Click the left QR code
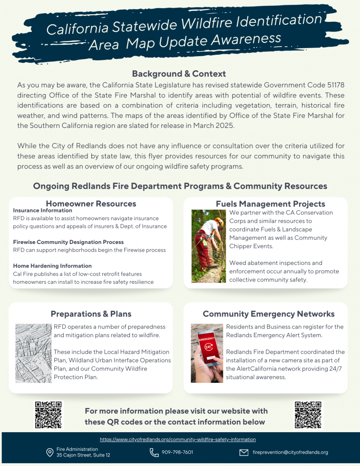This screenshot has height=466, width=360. (49, 415)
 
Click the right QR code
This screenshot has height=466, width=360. (308, 415)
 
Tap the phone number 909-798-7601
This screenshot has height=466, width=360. (177, 452)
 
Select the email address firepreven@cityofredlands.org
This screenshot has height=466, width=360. (290, 452)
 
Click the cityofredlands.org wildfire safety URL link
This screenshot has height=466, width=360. (178, 439)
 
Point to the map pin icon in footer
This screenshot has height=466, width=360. (49, 452)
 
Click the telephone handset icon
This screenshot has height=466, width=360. (154, 452)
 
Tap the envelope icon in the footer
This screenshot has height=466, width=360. (244, 452)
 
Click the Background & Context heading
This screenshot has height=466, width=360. (179, 74)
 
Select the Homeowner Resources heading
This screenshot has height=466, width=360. (91, 204)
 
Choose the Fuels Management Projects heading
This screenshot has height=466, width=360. (271, 204)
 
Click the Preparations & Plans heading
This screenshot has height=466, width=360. (91, 314)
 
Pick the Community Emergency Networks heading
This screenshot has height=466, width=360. (269, 314)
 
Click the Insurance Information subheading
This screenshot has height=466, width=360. (43, 210)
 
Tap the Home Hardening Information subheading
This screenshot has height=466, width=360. (52, 266)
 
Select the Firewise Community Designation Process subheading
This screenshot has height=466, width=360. (68, 242)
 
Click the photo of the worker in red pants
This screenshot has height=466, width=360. (208, 246)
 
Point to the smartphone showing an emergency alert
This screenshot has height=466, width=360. (206, 353)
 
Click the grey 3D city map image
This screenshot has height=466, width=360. (33, 353)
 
